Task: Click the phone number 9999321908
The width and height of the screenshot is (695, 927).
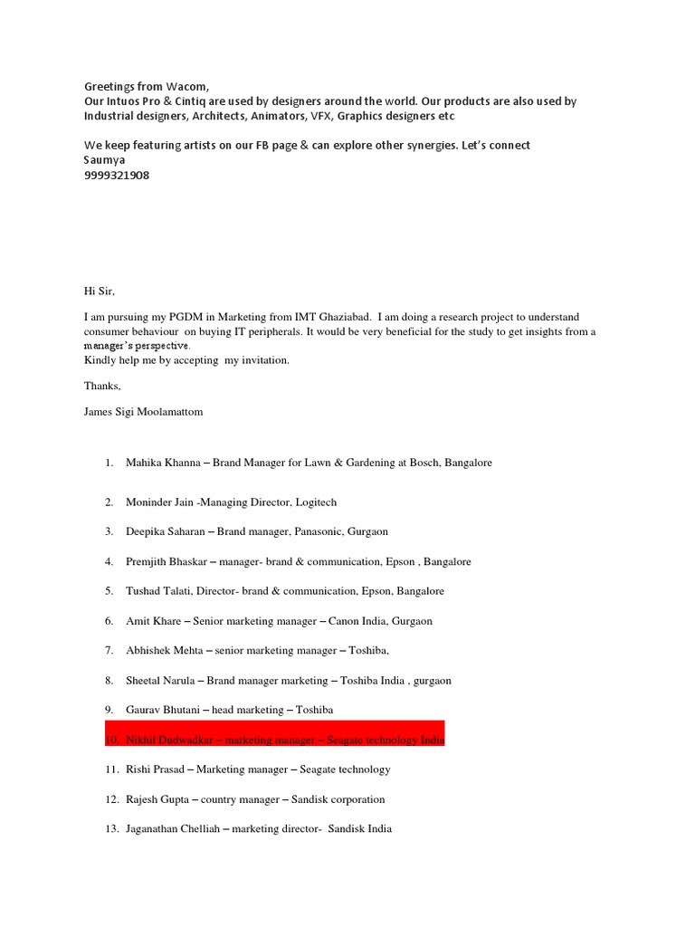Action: pyautogui.click(x=117, y=176)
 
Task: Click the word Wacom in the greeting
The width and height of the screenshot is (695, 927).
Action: pyautogui.click(x=187, y=86)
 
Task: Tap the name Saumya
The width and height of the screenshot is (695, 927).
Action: pyautogui.click(x=105, y=160)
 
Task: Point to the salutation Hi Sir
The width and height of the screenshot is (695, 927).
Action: pyautogui.click(x=100, y=291)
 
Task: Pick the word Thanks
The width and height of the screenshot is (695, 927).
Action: pyautogui.click(x=103, y=386)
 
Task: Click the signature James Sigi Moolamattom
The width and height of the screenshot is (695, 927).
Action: pyautogui.click(x=144, y=412)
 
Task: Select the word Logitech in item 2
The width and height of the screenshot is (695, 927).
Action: pyautogui.click(x=313, y=502)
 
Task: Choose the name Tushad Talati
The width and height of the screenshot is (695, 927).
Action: pyautogui.click(x=154, y=591)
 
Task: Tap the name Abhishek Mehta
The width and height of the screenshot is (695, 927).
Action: pyautogui.click(x=163, y=651)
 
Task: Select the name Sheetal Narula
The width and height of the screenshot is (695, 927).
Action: pyautogui.click(x=158, y=681)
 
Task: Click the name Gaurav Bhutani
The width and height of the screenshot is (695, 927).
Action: pyautogui.click(x=159, y=711)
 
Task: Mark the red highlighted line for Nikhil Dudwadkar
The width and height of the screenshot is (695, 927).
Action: pyautogui.click(x=275, y=740)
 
